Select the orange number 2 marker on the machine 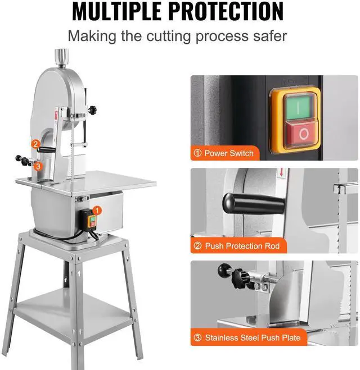pos(35,144)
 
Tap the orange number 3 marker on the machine pos(38,166)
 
